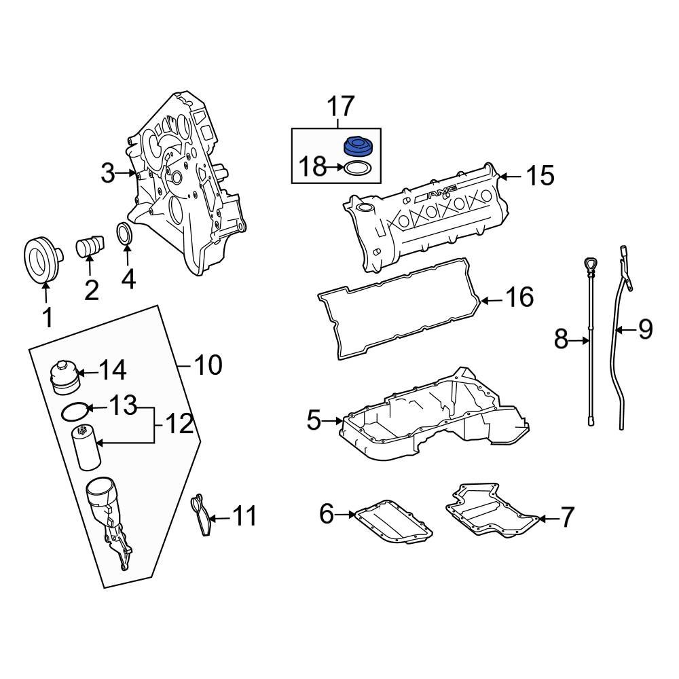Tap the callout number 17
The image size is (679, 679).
click(341, 107)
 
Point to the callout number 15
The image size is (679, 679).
click(540, 176)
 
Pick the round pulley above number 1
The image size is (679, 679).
click(39, 259)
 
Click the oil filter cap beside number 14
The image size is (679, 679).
click(65, 378)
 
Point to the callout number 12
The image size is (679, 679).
click(179, 426)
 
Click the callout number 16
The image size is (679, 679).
click(519, 297)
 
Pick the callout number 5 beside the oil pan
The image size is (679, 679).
click(313, 421)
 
